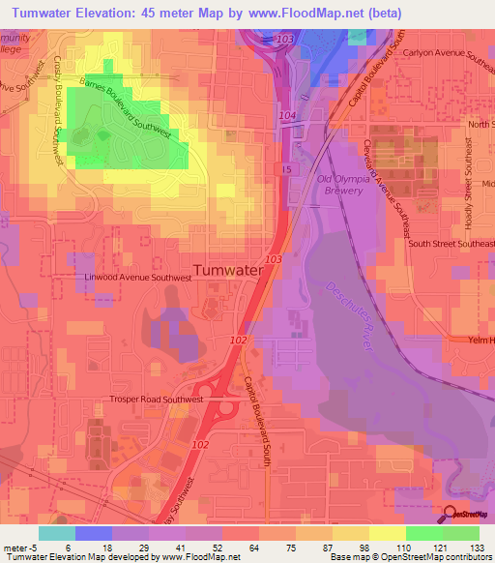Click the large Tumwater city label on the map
229,272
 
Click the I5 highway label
285,169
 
